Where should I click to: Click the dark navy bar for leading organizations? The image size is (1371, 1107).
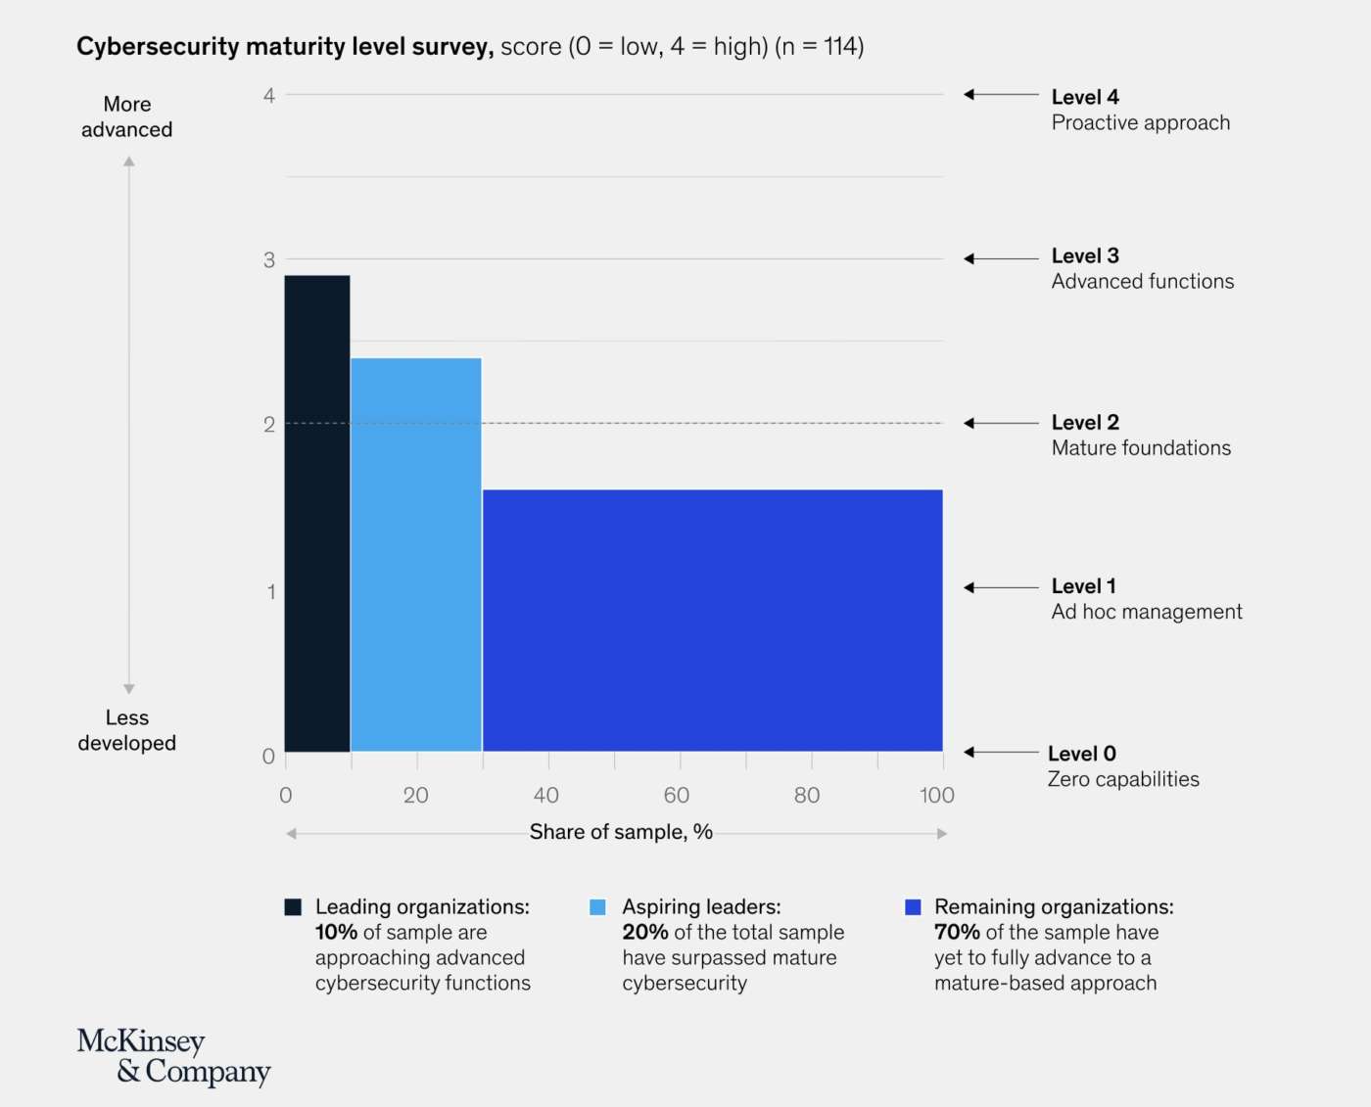click(317, 514)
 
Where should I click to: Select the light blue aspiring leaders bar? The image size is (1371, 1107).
click(416, 555)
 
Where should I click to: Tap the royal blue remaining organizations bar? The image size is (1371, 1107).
click(713, 621)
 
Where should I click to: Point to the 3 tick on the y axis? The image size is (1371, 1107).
click(269, 259)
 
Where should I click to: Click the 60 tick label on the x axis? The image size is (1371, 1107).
click(677, 795)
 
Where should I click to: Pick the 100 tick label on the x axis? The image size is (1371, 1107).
click(937, 795)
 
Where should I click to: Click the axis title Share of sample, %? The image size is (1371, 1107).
click(621, 832)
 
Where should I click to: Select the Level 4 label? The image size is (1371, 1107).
click(1085, 97)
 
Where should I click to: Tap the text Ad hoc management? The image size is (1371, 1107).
click(1147, 612)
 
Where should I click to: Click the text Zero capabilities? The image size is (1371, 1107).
click(1123, 779)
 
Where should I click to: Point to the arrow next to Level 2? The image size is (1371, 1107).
click(1001, 423)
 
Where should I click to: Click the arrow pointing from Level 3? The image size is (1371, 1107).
click(1001, 258)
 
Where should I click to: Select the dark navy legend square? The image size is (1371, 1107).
click(293, 906)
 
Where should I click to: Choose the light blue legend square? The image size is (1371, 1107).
click(597, 906)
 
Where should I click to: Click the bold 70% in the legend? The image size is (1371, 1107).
click(957, 932)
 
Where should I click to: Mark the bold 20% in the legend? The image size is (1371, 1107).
click(645, 932)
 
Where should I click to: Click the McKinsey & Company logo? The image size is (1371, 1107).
click(173, 1056)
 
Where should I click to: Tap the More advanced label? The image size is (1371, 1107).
click(127, 116)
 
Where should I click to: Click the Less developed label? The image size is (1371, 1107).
click(127, 730)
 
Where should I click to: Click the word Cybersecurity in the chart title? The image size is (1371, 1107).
click(158, 46)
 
